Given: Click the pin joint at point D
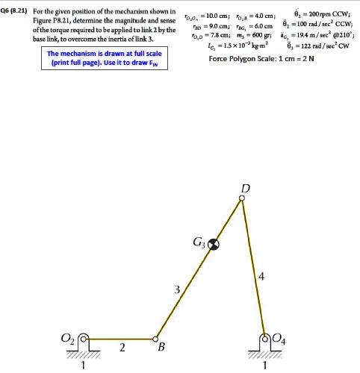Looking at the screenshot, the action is click(241, 198).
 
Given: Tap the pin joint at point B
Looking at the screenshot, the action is click(156, 337).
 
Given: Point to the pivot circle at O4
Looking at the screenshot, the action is click(266, 337).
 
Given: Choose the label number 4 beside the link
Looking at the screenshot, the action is click(261, 278).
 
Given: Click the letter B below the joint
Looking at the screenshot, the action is click(159, 348).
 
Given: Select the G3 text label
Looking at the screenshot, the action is click(199, 241).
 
